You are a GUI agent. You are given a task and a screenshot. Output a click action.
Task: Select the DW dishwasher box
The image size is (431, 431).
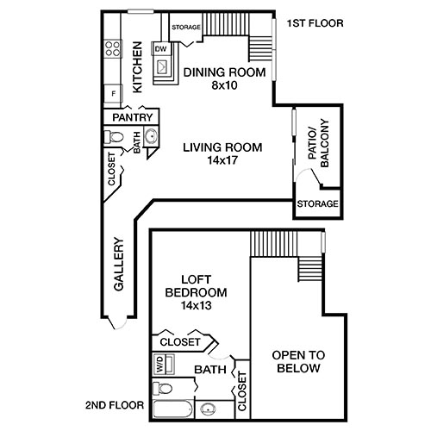(x=160, y=49)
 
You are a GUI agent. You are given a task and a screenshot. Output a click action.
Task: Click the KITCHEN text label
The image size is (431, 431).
(x=137, y=68)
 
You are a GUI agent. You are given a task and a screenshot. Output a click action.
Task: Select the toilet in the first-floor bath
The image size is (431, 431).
(x=113, y=137)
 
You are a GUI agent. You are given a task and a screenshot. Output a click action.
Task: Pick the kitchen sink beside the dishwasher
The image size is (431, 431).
(x=164, y=70)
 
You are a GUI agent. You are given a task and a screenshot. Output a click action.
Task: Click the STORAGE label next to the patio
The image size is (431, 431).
(x=316, y=204)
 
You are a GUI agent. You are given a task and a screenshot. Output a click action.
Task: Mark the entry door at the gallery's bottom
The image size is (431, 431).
(x=120, y=328)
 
